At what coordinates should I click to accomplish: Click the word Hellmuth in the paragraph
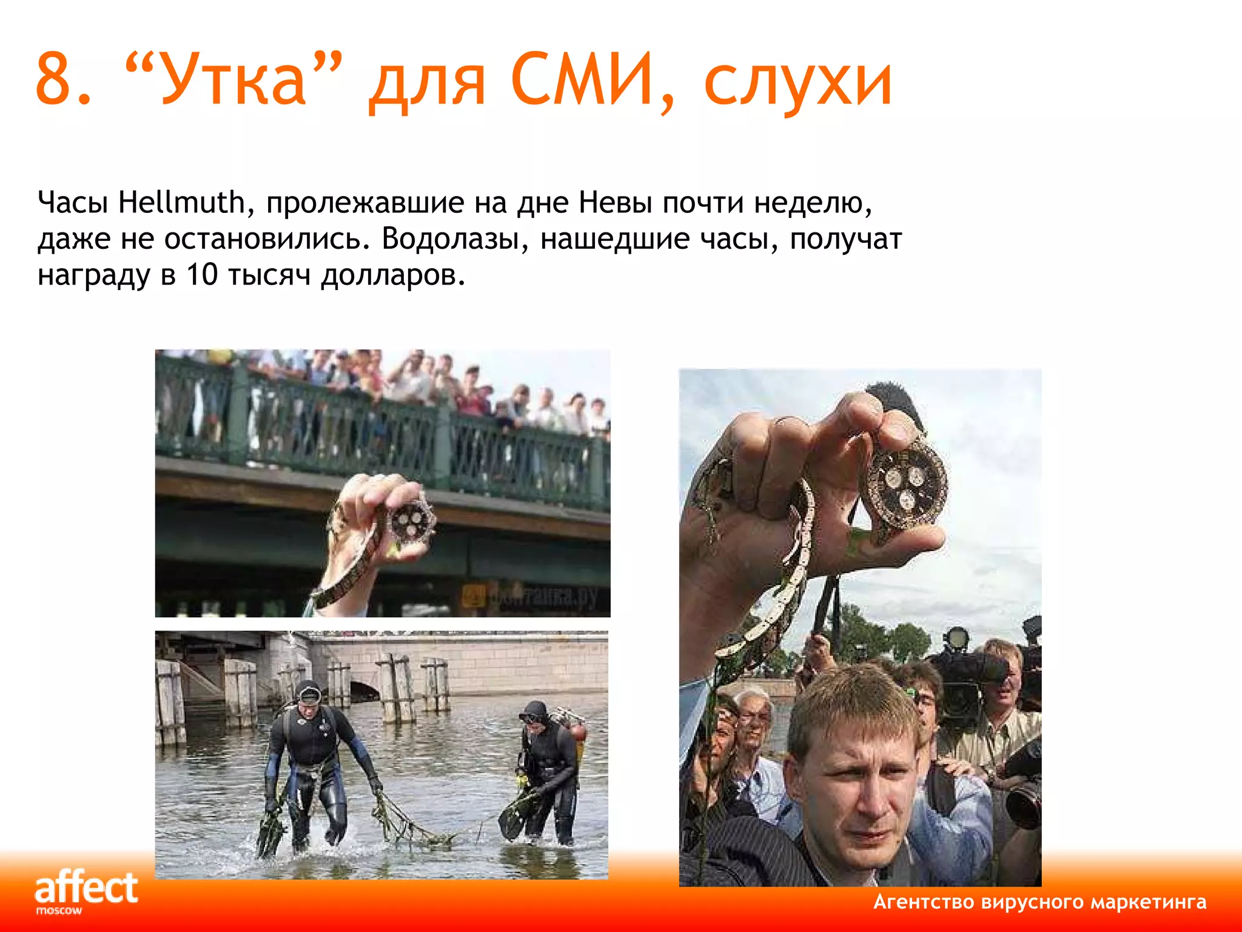point(181,202)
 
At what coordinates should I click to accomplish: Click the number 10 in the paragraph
point(201,275)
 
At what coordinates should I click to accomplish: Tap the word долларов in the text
point(392,276)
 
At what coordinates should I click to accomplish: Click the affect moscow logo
point(86,891)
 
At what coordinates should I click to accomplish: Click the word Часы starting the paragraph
point(73,202)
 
